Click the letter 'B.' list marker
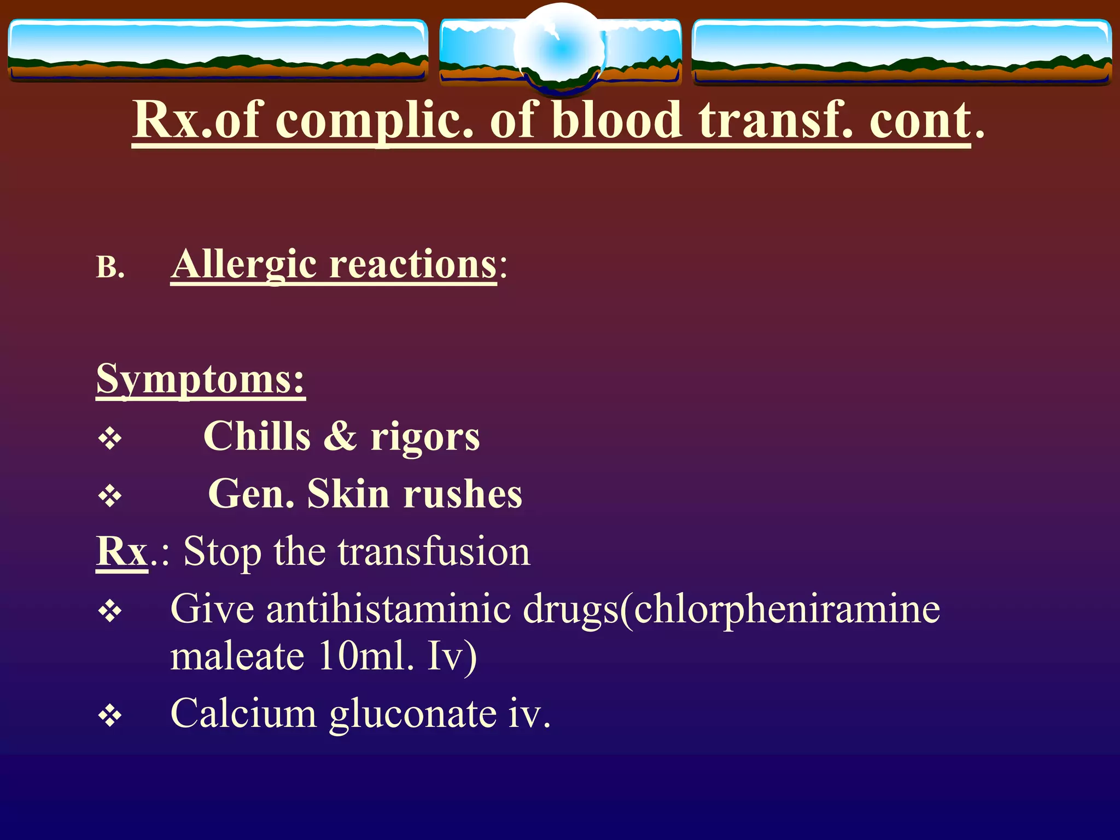tap(110, 268)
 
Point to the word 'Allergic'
tap(243, 265)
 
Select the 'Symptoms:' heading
tap(200, 379)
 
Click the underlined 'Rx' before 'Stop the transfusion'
tap(122, 551)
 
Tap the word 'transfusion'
tap(434, 551)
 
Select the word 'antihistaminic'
tap(388, 609)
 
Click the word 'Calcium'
tap(243, 714)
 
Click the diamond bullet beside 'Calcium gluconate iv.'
tap(110, 716)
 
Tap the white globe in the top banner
tap(561, 48)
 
